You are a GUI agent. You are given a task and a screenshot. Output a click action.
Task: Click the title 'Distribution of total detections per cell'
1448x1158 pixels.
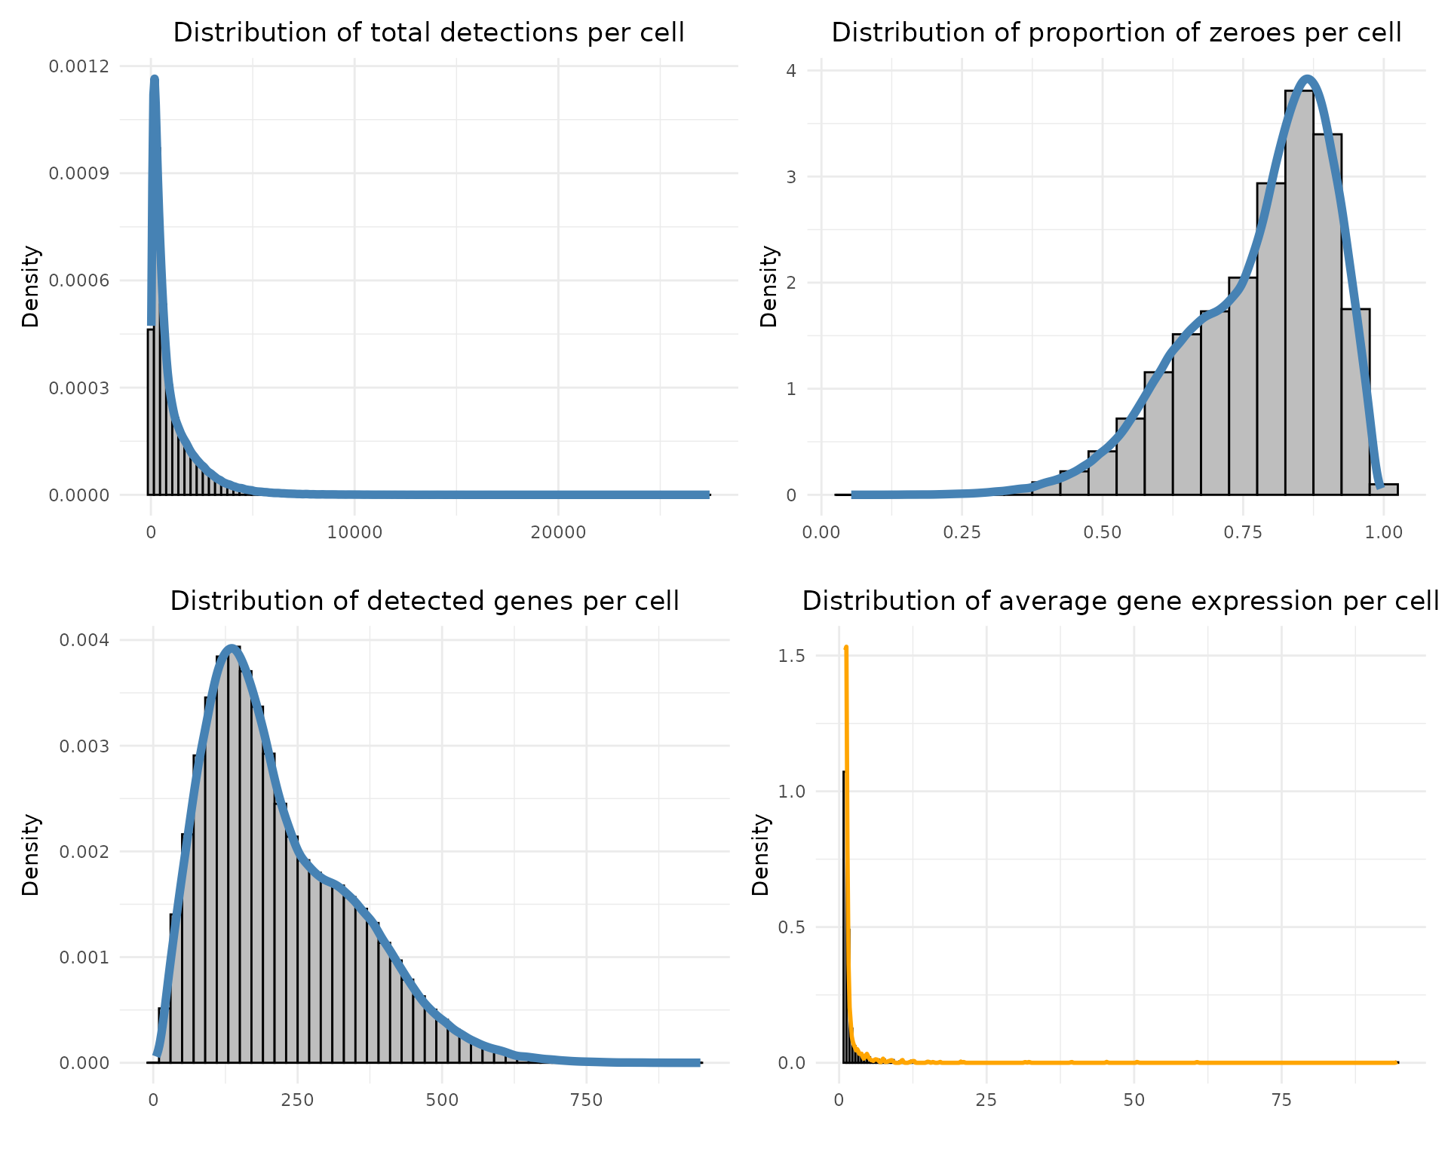428,33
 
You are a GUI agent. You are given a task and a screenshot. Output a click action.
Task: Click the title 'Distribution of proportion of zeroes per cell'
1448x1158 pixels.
1116,33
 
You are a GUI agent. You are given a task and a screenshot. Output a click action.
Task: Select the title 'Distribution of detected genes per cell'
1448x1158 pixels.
425,601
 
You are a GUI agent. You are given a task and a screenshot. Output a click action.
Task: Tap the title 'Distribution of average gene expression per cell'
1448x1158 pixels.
1121,601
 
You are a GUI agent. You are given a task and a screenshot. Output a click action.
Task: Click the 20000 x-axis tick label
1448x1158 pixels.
558,532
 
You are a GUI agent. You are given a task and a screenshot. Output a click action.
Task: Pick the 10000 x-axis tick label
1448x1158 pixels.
354,532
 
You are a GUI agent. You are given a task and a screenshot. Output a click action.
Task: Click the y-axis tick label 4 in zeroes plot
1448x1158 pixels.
791,71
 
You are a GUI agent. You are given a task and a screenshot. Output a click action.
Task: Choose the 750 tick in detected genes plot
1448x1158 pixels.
587,1100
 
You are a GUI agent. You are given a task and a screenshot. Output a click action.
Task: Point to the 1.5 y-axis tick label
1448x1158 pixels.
791,656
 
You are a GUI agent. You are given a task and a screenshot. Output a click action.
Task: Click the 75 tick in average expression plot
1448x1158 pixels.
1281,1100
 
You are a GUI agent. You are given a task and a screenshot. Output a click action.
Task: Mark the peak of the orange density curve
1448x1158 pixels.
846,648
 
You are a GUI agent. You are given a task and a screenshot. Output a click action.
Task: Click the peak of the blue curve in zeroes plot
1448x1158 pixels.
1308,78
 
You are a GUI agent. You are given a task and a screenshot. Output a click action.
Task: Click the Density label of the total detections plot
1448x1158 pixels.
30,286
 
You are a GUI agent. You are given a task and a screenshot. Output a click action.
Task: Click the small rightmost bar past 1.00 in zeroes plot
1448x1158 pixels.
1384,489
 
